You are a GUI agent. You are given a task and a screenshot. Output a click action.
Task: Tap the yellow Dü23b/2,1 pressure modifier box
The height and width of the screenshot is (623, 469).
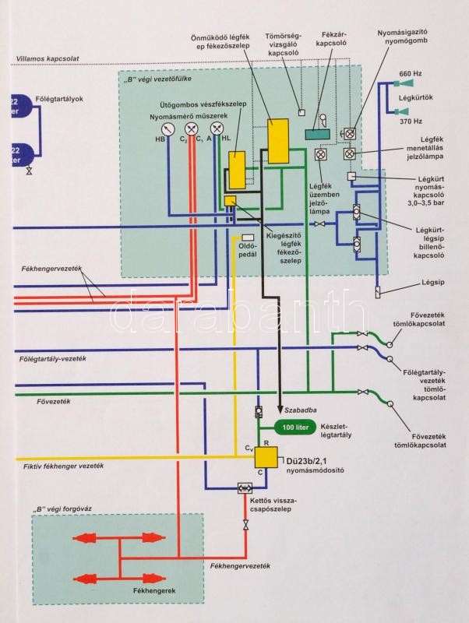pos(267,457)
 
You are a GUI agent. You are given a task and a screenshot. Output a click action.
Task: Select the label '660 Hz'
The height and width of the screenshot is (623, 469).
pos(411,73)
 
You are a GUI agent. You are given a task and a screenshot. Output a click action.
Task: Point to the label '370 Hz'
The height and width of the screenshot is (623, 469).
pos(411,122)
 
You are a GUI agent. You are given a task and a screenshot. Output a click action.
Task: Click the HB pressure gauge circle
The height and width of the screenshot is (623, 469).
pos(168,128)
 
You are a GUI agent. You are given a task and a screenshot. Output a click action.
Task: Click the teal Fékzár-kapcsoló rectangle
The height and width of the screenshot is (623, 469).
pos(317,134)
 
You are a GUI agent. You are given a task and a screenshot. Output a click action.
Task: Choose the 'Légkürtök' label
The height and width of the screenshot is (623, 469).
pos(415,98)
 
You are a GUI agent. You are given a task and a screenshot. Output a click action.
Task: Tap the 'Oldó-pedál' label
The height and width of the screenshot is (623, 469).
pos(247,256)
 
